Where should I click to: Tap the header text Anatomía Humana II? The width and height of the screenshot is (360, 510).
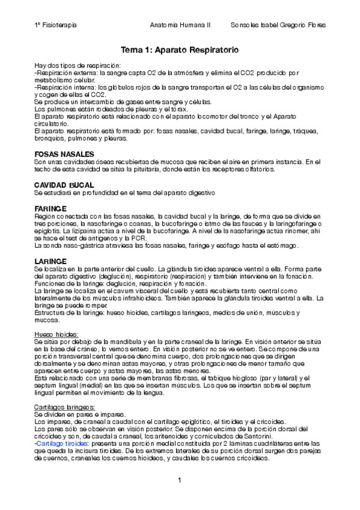tap(180, 25)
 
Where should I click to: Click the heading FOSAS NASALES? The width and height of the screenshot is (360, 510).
tap(63, 155)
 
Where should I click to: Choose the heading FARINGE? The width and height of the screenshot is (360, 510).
tap(50, 208)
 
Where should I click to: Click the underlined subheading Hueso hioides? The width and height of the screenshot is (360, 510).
tap(57, 334)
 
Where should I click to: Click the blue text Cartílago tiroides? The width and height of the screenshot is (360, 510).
tap(64, 443)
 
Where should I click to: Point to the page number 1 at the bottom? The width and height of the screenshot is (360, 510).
tap(180, 479)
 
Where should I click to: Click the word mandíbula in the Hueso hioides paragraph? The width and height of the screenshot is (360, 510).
tap(114, 341)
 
